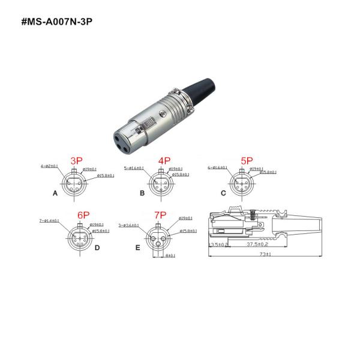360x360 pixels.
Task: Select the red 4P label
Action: (164, 161)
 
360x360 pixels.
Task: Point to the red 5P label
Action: (247, 161)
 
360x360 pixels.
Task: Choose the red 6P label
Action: (83, 215)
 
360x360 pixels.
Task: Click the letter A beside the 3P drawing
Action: (55, 194)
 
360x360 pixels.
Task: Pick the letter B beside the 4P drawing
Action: (142, 194)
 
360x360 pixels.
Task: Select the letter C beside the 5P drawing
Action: (223, 193)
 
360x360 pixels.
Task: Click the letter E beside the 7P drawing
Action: (137, 247)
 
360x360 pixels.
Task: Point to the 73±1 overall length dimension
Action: (266, 254)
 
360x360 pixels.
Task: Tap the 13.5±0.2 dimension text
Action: (218, 245)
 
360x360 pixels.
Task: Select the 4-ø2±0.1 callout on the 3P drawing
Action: (49, 166)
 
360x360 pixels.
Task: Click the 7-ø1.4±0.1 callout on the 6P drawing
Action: (49, 221)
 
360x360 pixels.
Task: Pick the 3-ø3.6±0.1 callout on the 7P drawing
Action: (129, 226)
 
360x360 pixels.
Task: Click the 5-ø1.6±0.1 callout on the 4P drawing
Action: (134, 167)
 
